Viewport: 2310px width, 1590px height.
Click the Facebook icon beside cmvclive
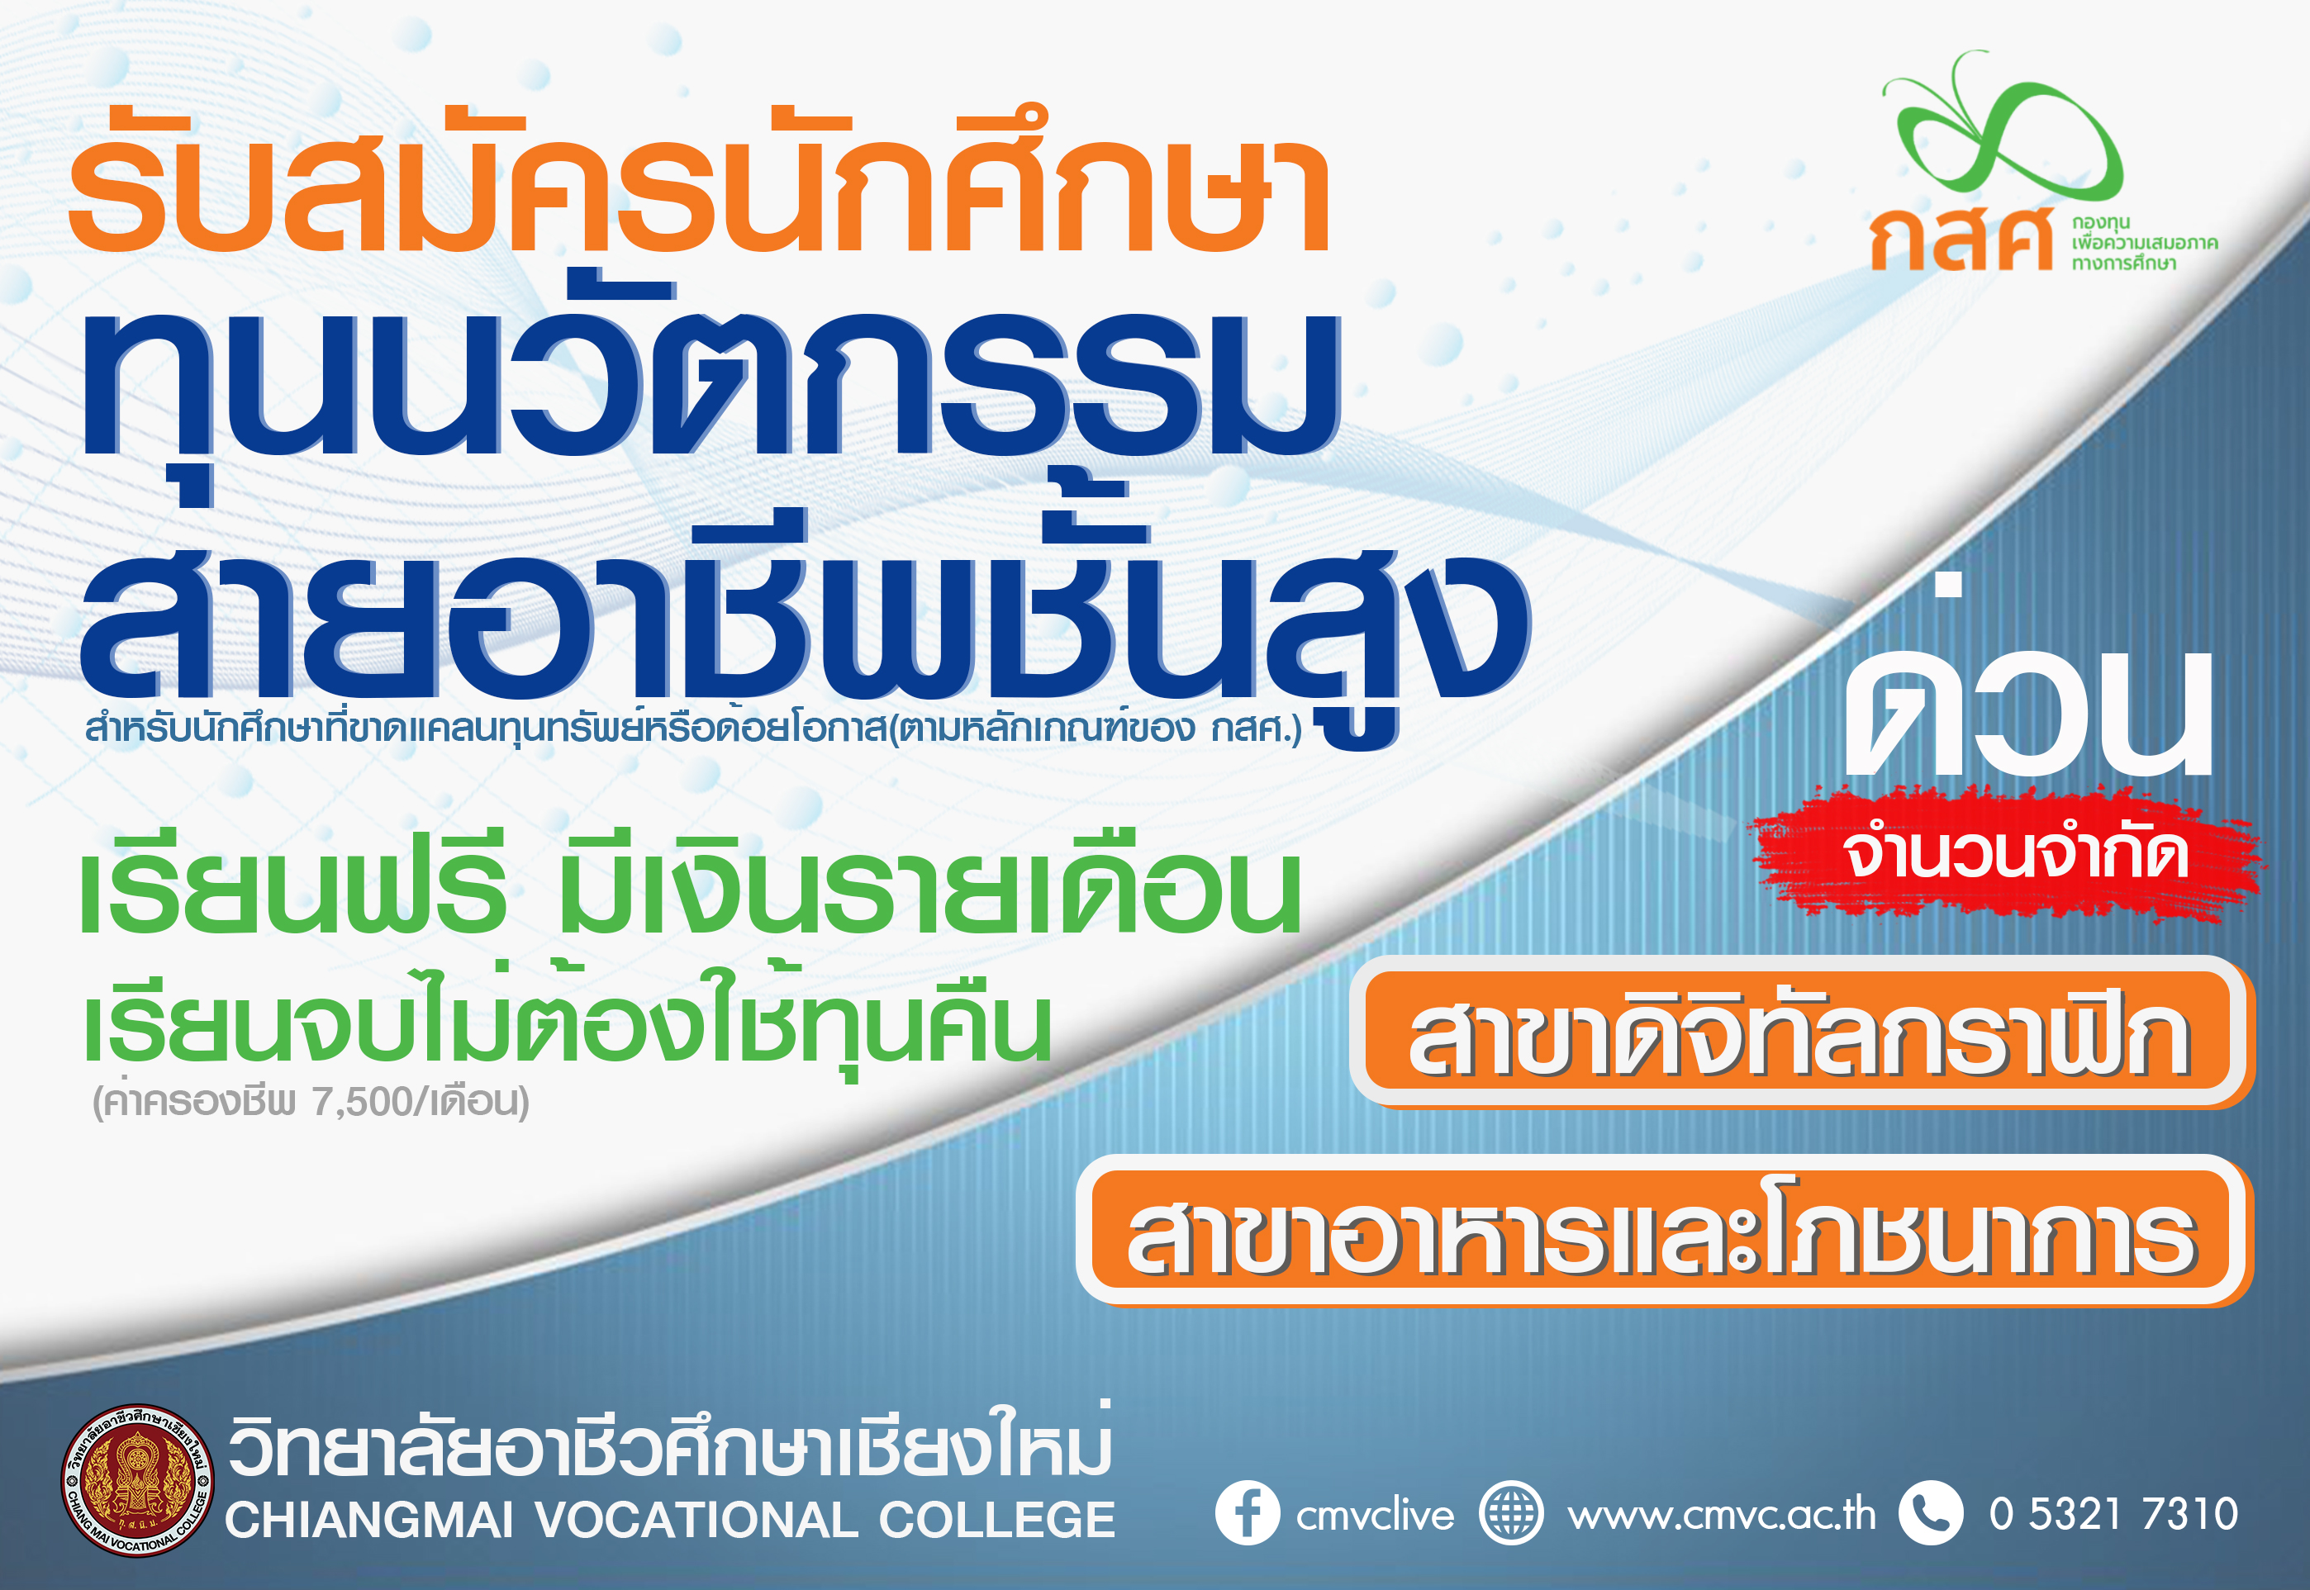(x=1247, y=1514)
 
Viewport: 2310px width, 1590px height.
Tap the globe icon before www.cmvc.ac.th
(x=1511, y=1514)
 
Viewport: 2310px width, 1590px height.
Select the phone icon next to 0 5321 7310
(x=1930, y=1514)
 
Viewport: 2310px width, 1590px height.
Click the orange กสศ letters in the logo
(x=1961, y=238)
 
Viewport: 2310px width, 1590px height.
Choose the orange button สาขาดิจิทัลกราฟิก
(x=1802, y=1033)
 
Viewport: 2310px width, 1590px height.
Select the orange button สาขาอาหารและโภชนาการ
(x=1664, y=1232)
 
